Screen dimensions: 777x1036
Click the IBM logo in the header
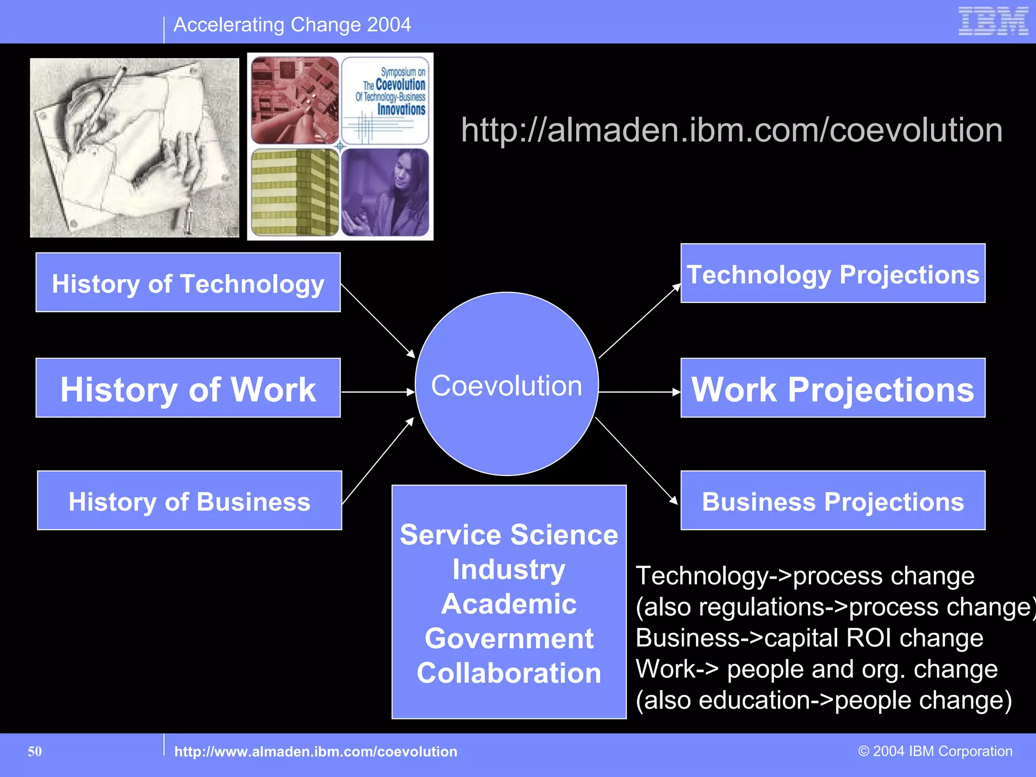pyautogui.click(x=993, y=21)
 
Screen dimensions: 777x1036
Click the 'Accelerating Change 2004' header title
pyautogui.click(x=292, y=25)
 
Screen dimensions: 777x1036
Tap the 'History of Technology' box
pyautogui.click(x=188, y=283)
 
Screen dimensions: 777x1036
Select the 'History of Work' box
pyautogui.click(x=188, y=388)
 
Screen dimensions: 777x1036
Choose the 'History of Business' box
pyautogui.click(x=190, y=501)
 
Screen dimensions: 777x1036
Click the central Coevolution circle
pyautogui.click(x=507, y=384)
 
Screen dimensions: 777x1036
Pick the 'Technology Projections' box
pyautogui.click(x=833, y=274)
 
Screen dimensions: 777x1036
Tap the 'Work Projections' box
pyautogui.click(x=833, y=388)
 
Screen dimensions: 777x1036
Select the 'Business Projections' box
pyautogui.click(x=833, y=501)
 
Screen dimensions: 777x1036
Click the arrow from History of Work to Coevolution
pyautogui.click(x=378, y=392)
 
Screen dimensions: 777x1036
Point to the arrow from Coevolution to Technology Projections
pyautogui.click(x=640, y=321)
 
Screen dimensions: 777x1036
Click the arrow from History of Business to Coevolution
pyautogui.click(x=378, y=461)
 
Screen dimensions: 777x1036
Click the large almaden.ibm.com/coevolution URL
pyautogui.click(x=731, y=130)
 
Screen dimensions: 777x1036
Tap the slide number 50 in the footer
pyautogui.click(x=35, y=751)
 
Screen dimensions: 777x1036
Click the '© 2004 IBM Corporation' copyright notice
pyautogui.click(x=935, y=751)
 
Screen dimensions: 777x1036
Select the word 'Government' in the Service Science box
pyautogui.click(x=509, y=638)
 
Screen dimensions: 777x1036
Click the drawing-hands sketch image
pyautogui.click(x=135, y=148)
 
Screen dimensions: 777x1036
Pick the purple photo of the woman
pyautogui.click(x=385, y=192)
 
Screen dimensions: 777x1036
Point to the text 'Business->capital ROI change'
pyautogui.click(x=809, y=638)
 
